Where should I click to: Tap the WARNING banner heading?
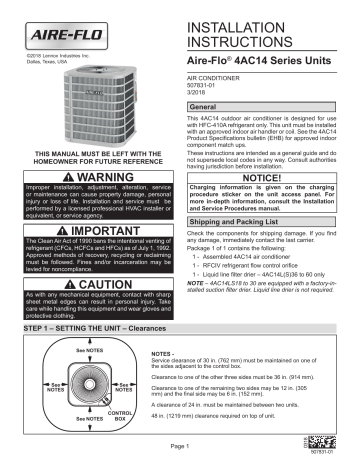coord(92,173)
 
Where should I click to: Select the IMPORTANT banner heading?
coord(92,228)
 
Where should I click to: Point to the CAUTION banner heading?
coord(92,283)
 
